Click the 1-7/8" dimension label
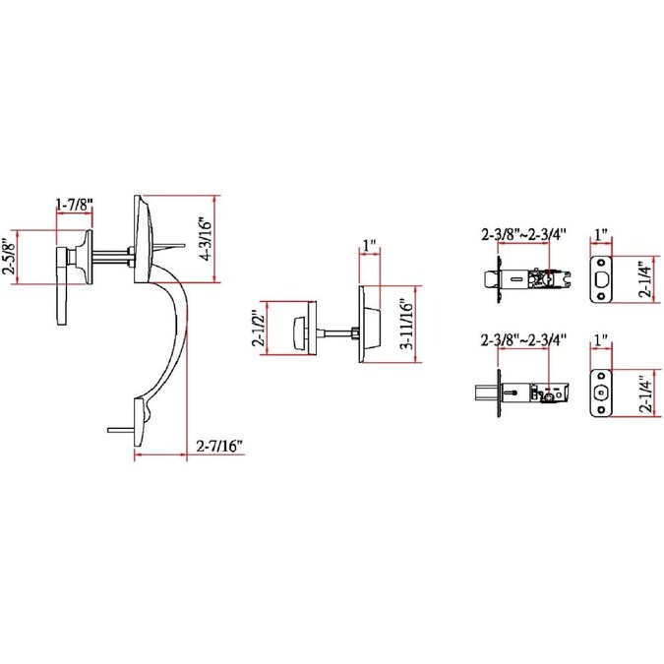(x=75, y=205)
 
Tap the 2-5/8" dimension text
(x=9, y=257)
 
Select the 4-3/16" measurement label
(x=206, y=238)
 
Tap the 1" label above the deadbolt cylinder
(x=370, y=243)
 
